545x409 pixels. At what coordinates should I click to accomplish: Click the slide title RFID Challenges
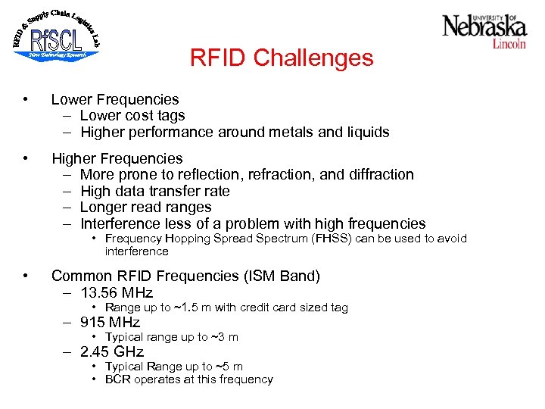pyautogui.click(x=282, y=58)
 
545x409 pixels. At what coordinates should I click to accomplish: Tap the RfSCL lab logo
pyautogui.click(x=56, y=36)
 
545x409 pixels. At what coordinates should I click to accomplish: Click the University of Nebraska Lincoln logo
pyautogui.click(x=484, y=30)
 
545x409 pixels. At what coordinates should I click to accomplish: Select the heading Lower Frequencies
pyautogui.click(x=115, y=99)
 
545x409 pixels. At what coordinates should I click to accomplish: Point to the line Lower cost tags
pyautogui.click(x=132, y=116)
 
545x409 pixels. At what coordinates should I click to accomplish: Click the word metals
pyautogui.click(x=287, y=133)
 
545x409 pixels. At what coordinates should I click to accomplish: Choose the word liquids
pyautogui.click(x=366, y=133)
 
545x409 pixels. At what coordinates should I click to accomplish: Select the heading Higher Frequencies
pyautogui.click(x=117, y=158)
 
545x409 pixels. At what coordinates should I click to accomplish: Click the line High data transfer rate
pyautogui.click(x=154, y=191)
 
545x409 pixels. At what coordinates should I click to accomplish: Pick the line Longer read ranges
pyautogui.click(x=145, y=208)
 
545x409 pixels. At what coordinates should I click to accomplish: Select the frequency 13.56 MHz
pyautogui.click(x=117, y=293)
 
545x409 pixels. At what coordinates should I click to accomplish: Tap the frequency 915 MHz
pyautogui.click(x=111, y=323)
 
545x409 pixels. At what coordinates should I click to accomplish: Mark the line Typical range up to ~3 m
pyautogui.click(x=172, y=337)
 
